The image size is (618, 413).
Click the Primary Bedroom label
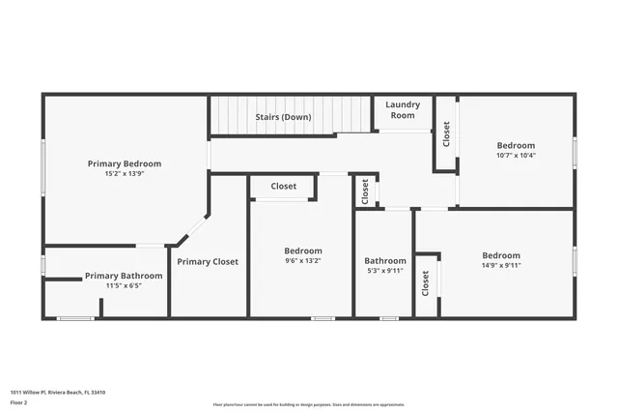pyautogui.click(x=125, y=163)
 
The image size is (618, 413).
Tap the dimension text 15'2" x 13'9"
pyautogui.click(x=125, y=174)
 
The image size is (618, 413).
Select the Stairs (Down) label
pyautogui.click(x=283, y=117)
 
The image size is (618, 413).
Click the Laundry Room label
pyautogui.click(x=401, y=109)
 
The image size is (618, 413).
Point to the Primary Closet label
pyautogui.click(x=207, y=261)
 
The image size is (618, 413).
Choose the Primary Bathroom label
pyautogui.click(x=124, y=276)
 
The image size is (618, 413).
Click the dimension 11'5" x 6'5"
pyautogui.click(x=124, y=286)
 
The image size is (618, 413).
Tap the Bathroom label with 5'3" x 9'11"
pyautogui.click(x=385, y=260)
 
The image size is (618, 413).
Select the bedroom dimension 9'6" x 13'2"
pyautogui.click(x=303, y=261)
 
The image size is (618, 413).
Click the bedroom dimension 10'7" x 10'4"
pyautogui.click(x=516, y=155)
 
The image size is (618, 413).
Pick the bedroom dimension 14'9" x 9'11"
pyautogui.click(x=501, y=265)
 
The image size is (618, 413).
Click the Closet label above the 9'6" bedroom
pyautogui.click(x=284, y=186)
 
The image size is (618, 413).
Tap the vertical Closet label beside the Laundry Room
pyautogui.click(x=446, y=133)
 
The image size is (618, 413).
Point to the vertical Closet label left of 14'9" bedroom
pyautogui.click(x=426, y=284)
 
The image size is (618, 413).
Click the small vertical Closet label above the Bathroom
pyautogui.click(x=365, y=191)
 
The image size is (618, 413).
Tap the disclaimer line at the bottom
pyautogui.click(x=308, y=404)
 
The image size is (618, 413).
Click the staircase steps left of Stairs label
pyautogui.click(x=232, y=115)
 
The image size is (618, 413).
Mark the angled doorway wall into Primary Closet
pyautogui.click(x=193, y=230)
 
